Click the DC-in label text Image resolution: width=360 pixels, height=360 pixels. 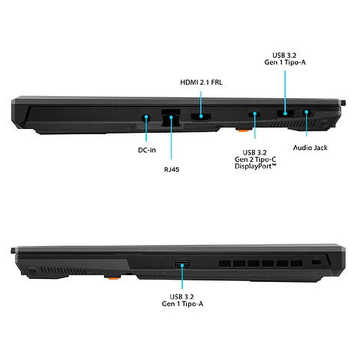[x=147, y=149]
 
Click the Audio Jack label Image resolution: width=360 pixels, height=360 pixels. [x=310, y=148]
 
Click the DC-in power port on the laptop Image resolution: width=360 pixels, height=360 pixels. [x=146, y=117]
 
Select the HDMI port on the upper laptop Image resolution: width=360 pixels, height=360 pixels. [x=199, y=118]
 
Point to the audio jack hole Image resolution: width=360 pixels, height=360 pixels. [x=307, y=114]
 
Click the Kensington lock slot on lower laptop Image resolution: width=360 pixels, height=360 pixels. [x=316, y=260]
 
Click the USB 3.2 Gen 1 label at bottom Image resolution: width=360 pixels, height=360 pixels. [x=181, y=299]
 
